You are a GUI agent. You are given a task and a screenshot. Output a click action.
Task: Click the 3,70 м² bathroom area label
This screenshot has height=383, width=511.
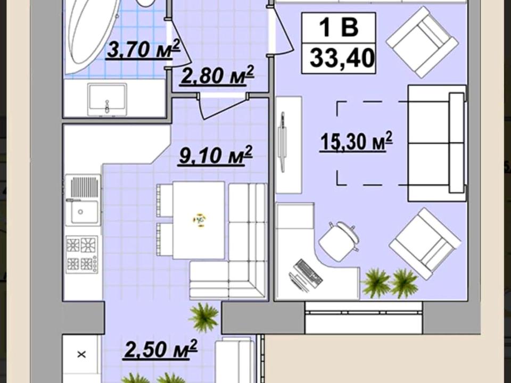click(x=143, y=49)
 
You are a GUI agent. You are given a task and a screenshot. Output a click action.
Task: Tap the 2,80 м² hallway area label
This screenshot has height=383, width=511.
click(x=217, y=75)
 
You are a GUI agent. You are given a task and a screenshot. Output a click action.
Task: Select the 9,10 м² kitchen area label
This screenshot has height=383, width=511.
click(x=216, y=155)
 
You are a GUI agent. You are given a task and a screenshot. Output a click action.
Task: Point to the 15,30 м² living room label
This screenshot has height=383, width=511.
click(x=357, y=141)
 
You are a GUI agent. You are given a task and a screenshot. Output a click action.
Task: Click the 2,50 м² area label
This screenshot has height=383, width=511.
click(x=160, y=349)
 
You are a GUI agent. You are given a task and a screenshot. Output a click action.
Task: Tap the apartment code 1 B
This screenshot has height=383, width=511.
click(x=339, y=27)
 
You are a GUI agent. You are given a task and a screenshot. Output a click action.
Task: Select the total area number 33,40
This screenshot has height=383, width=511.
click(x=342, y=57)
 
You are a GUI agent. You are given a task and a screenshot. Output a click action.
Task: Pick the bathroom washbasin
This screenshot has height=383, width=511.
click(x=107, y=99)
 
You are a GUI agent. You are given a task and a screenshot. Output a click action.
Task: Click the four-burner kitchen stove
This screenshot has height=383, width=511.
click(x=82, y=254)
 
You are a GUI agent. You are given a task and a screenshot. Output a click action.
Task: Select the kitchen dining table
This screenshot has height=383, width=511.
click(x=199, y=220)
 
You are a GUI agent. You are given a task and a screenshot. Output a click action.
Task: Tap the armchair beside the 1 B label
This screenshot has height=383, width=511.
click(x=422, y=43)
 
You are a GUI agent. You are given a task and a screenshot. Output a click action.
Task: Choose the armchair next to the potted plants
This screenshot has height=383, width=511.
click(x=425, y=244)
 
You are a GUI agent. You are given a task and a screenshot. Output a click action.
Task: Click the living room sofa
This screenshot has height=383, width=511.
click(x=437, y=143)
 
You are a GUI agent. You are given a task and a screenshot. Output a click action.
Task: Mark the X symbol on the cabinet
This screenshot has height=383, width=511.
click(x=81, y=354)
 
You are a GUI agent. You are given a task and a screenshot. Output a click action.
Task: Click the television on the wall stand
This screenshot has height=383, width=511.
click(x=282, y=142)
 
